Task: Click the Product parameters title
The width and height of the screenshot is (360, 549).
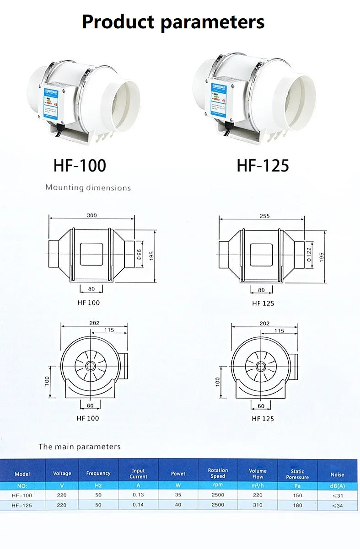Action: click(x=173, y=22)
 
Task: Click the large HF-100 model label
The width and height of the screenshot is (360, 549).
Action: click(x=80, y=165)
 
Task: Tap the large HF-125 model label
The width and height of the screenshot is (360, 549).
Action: click(x=263, y=165)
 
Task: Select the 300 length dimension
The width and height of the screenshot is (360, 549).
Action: click(x=91, y=215)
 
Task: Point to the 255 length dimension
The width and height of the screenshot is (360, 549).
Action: click(x=264, y=216)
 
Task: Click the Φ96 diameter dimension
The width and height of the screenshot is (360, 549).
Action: click(x=140, y=254)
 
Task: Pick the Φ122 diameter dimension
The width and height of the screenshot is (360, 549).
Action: click(x=309, y=255)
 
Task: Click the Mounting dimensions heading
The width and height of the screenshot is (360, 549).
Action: click(x=88, y=187)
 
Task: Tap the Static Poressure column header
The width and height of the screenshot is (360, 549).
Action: click(x=297, y=474)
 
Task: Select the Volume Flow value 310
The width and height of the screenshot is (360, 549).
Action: click(x=258, y=505)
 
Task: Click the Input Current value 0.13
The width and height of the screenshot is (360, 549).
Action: click(x=138, y=495)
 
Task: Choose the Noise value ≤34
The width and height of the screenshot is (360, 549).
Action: click(x=338, y=505)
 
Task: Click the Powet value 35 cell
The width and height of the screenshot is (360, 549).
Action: click(x=178, y=495)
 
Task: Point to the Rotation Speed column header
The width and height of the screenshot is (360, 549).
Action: click(x=218, y=473)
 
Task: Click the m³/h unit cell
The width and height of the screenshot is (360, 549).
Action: click(x=258, y=485)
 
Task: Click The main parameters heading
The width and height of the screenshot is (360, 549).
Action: click(x=80, y=447)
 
